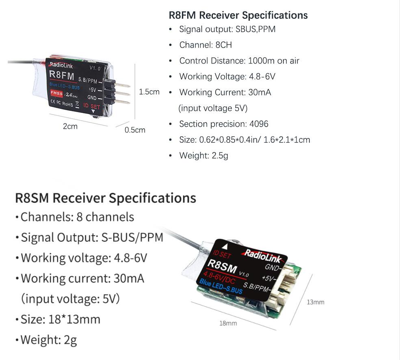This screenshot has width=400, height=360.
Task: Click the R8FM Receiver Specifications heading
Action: (x=238, y=15)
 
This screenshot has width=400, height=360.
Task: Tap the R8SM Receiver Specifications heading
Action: (x=106, y=198)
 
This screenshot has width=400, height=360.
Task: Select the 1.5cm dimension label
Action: (x=149, y=92)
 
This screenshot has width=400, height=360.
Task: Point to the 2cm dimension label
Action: (x=70, y=126)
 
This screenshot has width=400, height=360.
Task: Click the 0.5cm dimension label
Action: (x=135, y=130)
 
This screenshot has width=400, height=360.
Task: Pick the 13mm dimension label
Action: (x=316, y=302)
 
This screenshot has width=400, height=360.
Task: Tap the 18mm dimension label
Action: (x=228, y=323)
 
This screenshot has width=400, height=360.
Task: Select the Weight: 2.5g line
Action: (x=203, y=156)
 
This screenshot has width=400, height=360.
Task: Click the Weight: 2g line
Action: (x=49, y=340)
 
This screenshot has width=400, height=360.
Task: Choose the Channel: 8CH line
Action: (x=205, y=45)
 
